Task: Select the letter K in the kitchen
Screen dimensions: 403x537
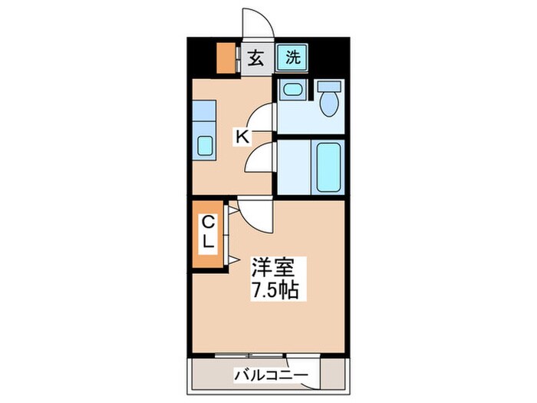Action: [x=242, y=137]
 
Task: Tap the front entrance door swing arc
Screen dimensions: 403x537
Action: [x=255, y=21]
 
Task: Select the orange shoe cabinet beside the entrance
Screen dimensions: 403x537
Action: [x=226, y=58]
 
